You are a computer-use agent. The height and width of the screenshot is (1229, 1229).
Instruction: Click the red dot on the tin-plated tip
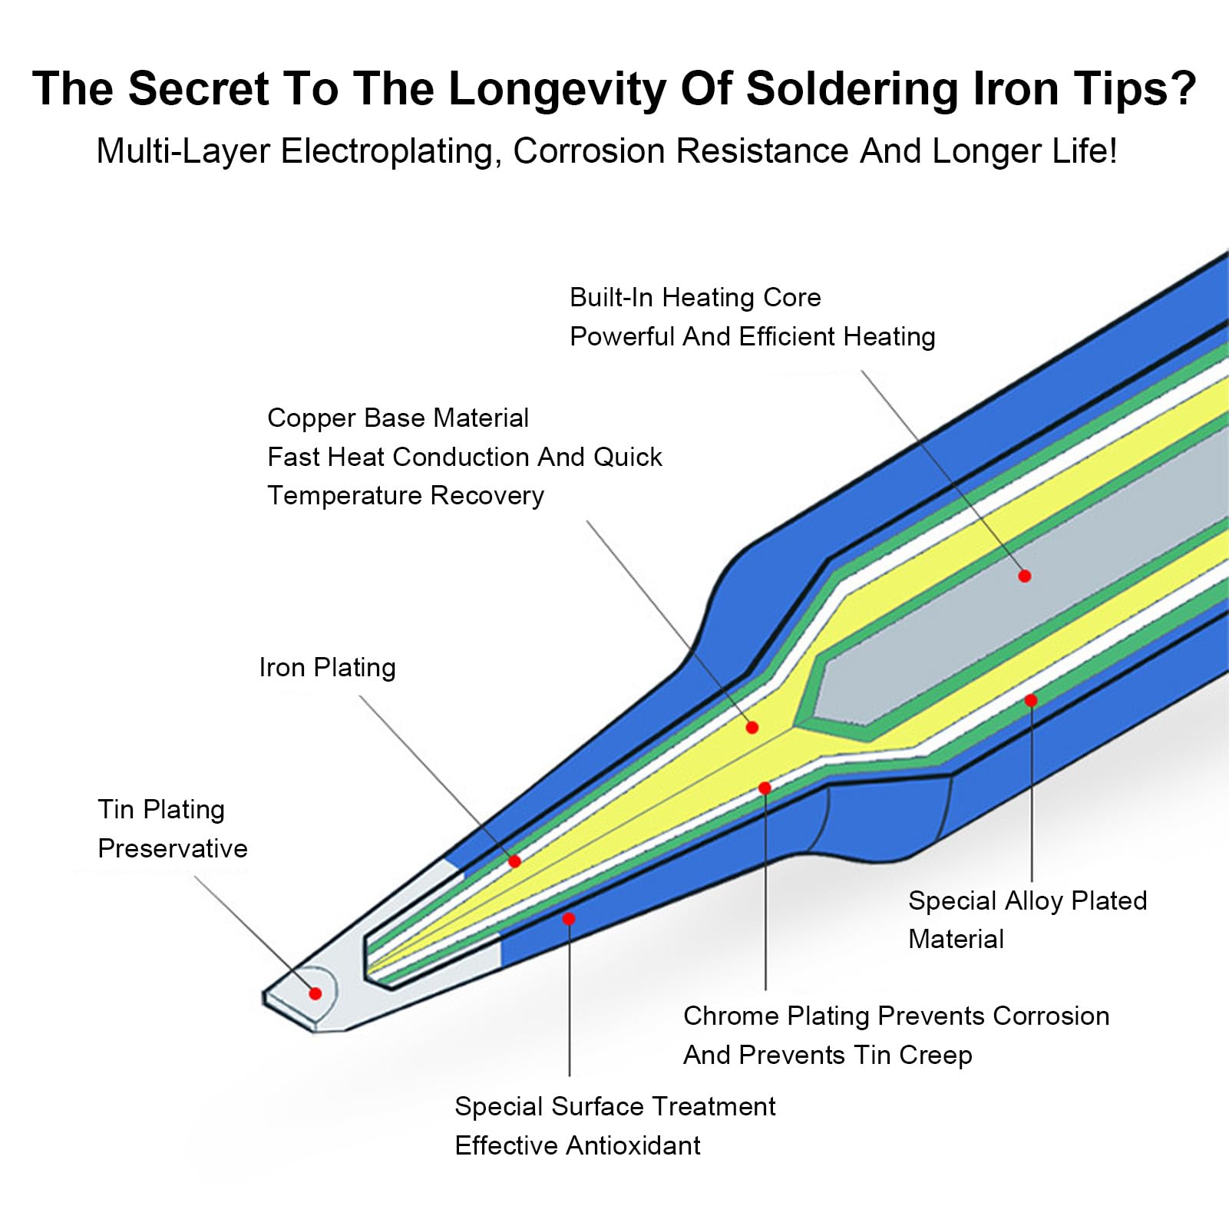pos(315,993)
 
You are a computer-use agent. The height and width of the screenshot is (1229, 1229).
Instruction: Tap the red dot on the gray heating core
pos(1024,576)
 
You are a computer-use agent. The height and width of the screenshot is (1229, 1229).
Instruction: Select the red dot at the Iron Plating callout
pos(514,861)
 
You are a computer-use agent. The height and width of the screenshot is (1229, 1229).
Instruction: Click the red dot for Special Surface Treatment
pos(568,919)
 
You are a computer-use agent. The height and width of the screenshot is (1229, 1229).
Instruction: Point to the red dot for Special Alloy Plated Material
pos(1031,700)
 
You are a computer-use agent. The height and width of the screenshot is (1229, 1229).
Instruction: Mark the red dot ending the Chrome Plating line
pos(765,788)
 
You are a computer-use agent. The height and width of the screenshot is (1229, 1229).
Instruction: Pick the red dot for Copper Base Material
pos(752,727)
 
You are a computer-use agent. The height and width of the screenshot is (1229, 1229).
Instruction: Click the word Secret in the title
pos(198,88)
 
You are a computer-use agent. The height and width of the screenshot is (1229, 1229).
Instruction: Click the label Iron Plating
pos(328,667)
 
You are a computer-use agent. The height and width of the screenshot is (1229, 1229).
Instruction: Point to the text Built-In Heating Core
pos(695,297)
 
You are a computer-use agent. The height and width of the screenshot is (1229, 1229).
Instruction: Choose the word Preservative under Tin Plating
pos(173,848)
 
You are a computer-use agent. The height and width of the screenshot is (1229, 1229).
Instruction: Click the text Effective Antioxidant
pos(577,1145)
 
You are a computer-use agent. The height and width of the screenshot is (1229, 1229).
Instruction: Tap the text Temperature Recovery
pos(405,495)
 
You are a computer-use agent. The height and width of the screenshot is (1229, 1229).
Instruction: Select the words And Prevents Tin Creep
pos(828,1055)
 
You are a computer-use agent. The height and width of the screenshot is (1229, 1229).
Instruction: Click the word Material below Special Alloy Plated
pos(956,939)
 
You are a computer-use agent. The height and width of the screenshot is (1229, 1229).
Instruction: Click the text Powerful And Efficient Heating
pos(752,336)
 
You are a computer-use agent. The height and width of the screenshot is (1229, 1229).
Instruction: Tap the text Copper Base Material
pos(398,418)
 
